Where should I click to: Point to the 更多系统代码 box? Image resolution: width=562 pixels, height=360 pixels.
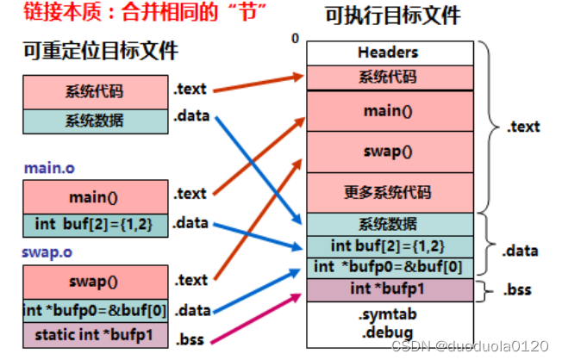click(x=387, y=192)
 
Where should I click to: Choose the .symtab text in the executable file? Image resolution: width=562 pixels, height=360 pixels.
click(x=387, y=315)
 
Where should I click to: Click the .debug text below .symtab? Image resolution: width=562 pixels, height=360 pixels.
click(x=387, y=331)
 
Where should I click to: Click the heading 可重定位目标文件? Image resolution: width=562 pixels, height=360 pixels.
click(x=100, y=52)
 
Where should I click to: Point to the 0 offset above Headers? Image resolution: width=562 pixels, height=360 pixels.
click(x=295, y=40)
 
